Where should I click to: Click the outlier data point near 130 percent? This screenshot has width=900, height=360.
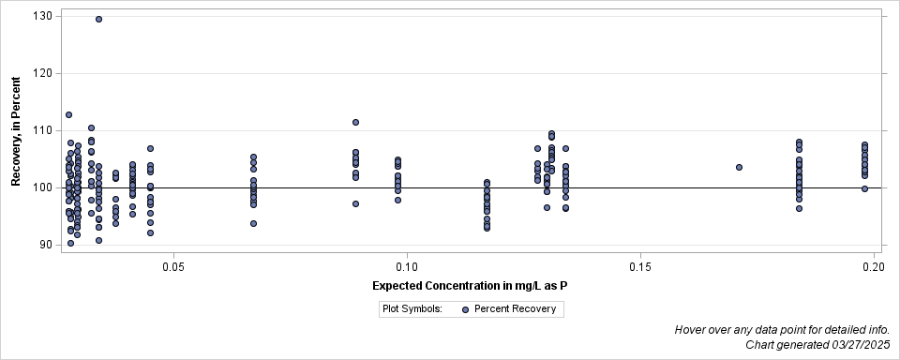pos(98,19)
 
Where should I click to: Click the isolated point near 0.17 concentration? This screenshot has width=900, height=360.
pos(739,167)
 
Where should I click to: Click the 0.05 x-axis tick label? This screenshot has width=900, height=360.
pos(172,268)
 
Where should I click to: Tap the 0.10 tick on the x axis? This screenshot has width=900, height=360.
pos(407,268)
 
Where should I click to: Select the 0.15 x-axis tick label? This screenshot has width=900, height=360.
pos(640,268)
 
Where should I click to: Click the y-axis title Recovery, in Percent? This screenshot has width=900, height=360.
pos(17,132)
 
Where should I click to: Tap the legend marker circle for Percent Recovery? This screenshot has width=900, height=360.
pos(466,308)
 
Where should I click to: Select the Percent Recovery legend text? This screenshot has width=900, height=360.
pos(515,308)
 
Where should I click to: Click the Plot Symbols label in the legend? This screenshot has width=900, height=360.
pos(412,308)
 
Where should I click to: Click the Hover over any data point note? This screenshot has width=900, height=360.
pos(781,330)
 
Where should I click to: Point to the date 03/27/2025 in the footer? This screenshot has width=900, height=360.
pos(857,345)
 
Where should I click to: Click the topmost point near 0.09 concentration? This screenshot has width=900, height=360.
pos(355,122)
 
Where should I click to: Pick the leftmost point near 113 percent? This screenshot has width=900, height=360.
pos(68,114)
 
